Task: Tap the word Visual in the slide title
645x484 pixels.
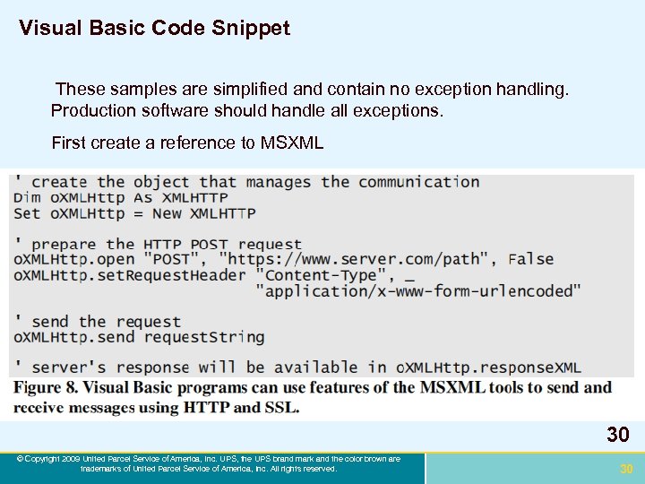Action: [51, 29]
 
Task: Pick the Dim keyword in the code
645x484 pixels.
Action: [27, 197]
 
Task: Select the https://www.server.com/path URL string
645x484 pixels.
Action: [357, 259]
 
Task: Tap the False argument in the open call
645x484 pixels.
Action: [530, 259]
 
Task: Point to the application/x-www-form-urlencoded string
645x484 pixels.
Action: [417, 290]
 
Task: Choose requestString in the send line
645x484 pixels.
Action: [204, 337]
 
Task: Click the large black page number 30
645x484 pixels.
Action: [617, 436]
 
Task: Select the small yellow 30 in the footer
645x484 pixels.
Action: [626, 469]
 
